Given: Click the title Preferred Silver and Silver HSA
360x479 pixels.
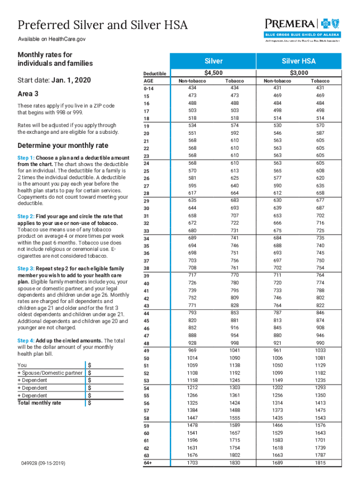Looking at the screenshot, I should (x=102, y=25).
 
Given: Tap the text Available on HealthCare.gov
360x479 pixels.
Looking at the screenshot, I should (x=51, y=39).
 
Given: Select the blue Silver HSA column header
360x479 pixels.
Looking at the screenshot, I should (x=299, y=61).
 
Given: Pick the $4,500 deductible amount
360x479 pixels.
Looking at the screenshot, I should (x=214, y=73).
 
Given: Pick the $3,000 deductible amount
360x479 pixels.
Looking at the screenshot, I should (x=299, y=73).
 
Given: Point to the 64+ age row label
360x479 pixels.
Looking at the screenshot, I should (x=149, y=463).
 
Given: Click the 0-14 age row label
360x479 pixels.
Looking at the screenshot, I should (x=149, y=88).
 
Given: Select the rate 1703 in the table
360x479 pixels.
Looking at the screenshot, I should (x=192, y=463).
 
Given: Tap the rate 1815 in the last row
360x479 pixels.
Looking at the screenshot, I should (x=320, y=463).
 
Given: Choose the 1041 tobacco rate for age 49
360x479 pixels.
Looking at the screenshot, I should (x=235, y=350).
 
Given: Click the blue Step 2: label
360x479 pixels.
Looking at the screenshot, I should (x=26, y=217).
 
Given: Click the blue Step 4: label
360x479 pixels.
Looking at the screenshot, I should (x=26, y=340).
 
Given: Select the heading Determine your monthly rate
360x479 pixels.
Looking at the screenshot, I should (x=63, y=145).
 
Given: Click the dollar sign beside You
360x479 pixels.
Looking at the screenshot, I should (x=90, y=365).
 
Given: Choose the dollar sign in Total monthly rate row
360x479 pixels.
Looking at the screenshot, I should (x=90, y=403).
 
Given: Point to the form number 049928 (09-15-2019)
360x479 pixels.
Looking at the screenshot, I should (x=43, y=463).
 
